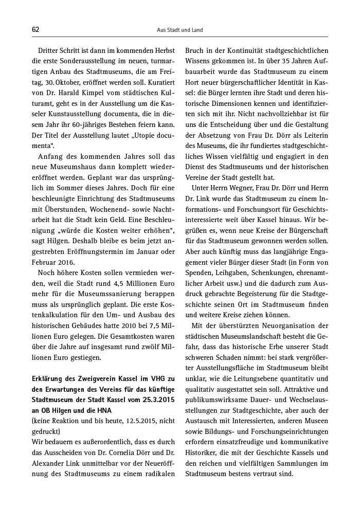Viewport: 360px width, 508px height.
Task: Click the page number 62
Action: coord(35,30)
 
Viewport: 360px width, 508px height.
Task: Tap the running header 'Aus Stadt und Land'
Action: coord(179,30)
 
